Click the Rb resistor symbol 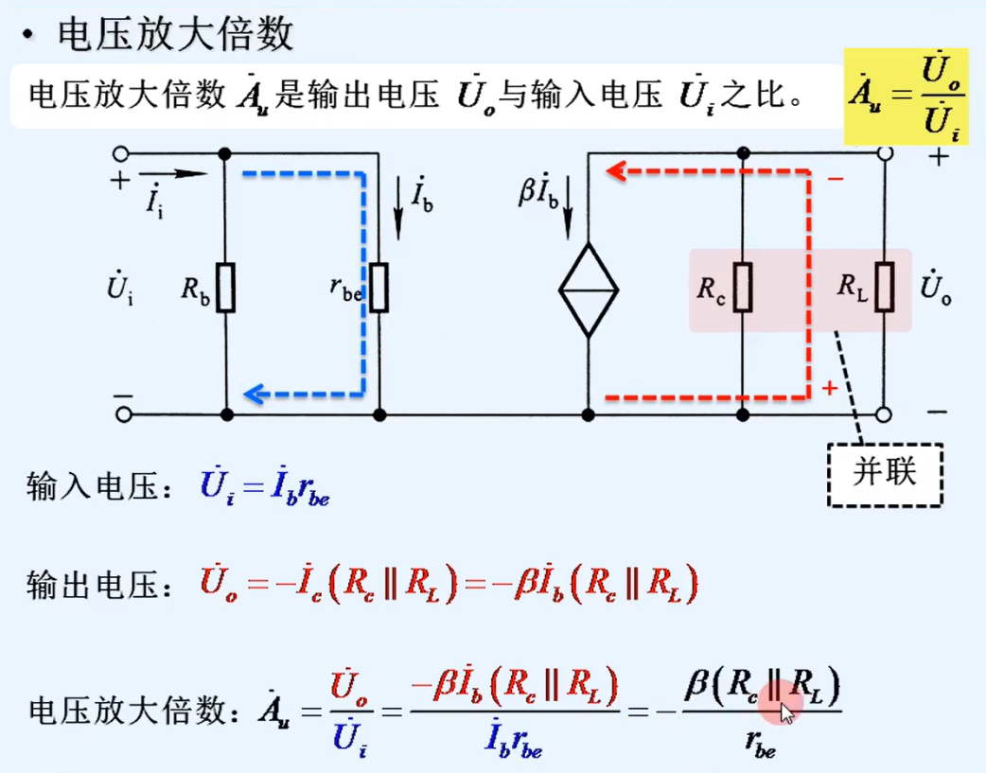click(225, 289)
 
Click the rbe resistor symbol click(379, 289)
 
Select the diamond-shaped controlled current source click(588, 289)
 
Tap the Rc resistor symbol click(743, 289)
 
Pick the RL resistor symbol click(884, 289)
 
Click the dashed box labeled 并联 click(885, 474)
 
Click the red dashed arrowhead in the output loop click(616, 171)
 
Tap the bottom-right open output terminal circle click(884, 413)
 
